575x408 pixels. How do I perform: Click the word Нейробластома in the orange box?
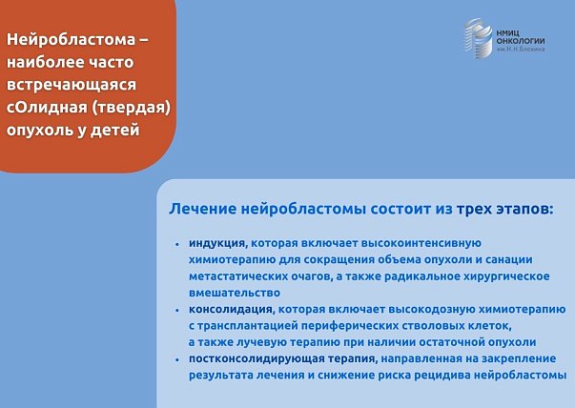(70, 40)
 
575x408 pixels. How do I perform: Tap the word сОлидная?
(47, 108)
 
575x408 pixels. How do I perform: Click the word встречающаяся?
(72, 85)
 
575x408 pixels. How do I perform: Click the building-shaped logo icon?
(479, 38)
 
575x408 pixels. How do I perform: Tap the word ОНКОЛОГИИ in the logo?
(521, 41)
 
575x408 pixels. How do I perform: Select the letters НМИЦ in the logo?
(508, 33)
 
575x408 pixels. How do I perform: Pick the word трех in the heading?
(474, 209)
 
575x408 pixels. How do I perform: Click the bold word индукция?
(217, 243)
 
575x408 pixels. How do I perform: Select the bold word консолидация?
(231, 310)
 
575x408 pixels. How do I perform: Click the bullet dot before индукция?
(177, 244)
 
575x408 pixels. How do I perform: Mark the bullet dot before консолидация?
(177, 310)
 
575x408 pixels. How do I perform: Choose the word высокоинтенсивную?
(421, 243)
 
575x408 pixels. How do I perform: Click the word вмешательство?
(235, 293)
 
